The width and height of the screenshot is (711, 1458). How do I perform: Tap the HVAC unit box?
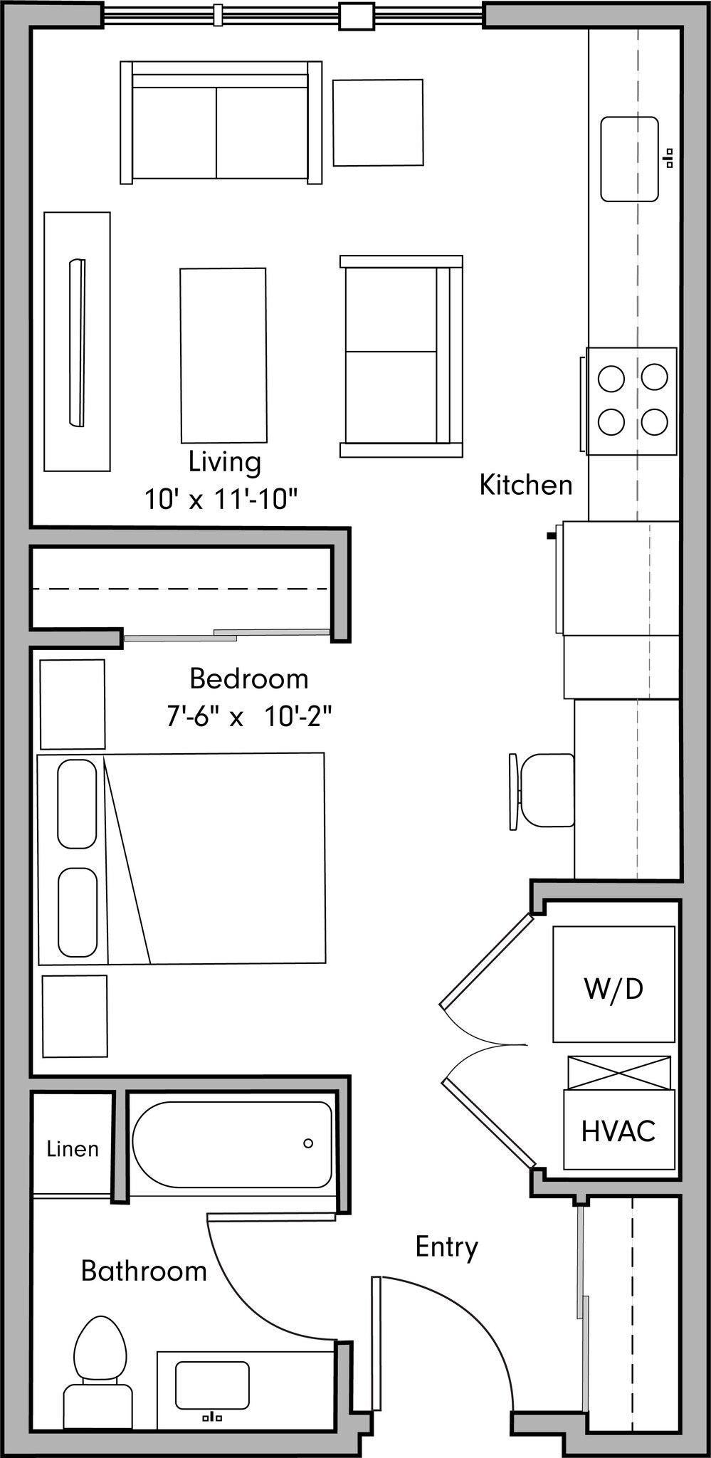618,1131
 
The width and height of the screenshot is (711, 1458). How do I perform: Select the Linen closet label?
73,1149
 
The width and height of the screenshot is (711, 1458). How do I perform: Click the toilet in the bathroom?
99,1378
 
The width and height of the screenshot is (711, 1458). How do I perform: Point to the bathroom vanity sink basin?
212,1385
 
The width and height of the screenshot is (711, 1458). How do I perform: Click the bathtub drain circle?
308,1143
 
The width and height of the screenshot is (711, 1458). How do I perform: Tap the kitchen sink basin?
629,159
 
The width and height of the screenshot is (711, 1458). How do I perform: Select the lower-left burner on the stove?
611,422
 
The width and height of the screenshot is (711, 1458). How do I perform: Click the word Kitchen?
525,485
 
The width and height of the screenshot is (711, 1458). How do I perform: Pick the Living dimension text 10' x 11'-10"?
220,499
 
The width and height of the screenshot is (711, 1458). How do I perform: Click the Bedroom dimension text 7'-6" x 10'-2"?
249,715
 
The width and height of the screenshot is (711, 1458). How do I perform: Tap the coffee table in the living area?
223,355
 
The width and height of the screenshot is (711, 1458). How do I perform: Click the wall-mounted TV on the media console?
77,342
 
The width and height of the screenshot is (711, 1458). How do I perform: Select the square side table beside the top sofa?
378,122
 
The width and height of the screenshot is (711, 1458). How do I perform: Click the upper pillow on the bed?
77,804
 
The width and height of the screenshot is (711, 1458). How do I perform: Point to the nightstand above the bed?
73,703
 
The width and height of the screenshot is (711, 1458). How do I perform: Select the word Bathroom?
144,1271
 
